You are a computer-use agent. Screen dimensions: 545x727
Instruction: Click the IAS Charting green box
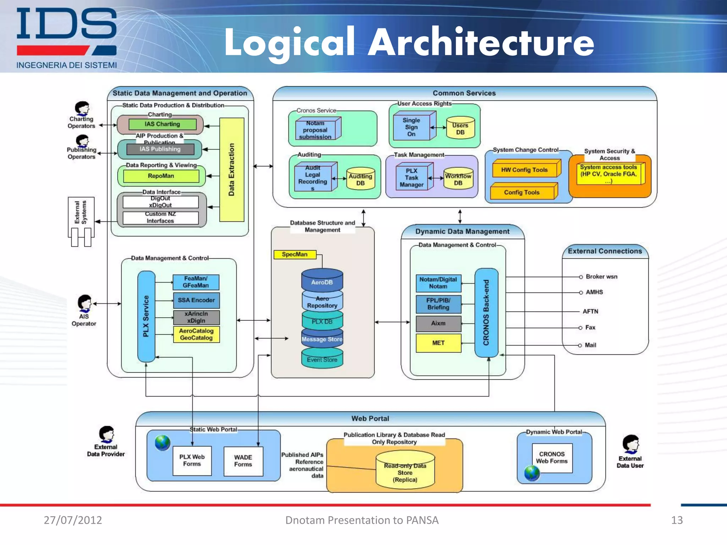click(x=162, y=124)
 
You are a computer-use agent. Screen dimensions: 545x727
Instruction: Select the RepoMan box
click(x=161, y=176)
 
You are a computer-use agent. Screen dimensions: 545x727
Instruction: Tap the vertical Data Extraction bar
click(x=232, y=170)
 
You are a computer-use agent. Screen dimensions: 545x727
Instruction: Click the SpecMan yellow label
click(x=295, y=254)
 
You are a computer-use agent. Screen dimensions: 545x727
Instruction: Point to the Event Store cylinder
click(x=322, y=359)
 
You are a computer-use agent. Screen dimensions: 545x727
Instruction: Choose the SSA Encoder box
click(x=196, y=300)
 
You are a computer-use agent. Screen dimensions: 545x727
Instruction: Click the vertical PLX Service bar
click(x=146, y=316)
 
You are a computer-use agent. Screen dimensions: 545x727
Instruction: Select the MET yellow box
click(x=438, y=343)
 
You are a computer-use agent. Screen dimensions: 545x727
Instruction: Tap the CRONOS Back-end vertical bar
click(x=486, y=313)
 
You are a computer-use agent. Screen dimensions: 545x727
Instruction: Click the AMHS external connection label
click(x=594, y=292)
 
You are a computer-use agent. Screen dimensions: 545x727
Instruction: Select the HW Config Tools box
click(x=524, y=170)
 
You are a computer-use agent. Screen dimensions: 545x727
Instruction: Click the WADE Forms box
click(x=243, y=461)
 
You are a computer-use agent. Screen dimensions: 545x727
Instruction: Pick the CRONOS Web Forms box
click(x=552, y=458)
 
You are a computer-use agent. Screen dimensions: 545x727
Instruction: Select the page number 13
click(x=677, y=520)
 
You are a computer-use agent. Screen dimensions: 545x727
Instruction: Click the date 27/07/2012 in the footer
click(x=73, y=520)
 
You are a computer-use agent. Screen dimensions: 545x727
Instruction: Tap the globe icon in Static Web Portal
click(x=163, y=442)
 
